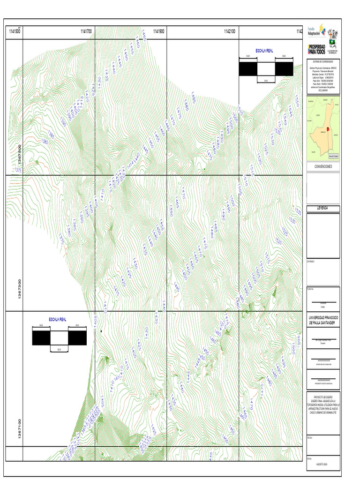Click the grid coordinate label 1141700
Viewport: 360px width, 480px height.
86,31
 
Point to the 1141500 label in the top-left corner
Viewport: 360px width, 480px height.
14,31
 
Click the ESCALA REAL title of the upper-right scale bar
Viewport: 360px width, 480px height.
264,51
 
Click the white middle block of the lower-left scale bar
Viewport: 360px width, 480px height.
59,338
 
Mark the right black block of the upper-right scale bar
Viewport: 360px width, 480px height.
284,69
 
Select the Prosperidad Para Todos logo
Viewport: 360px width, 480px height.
316,48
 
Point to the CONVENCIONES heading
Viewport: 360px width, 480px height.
323,166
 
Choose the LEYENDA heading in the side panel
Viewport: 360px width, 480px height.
323,208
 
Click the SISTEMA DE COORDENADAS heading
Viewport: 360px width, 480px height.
323,61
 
